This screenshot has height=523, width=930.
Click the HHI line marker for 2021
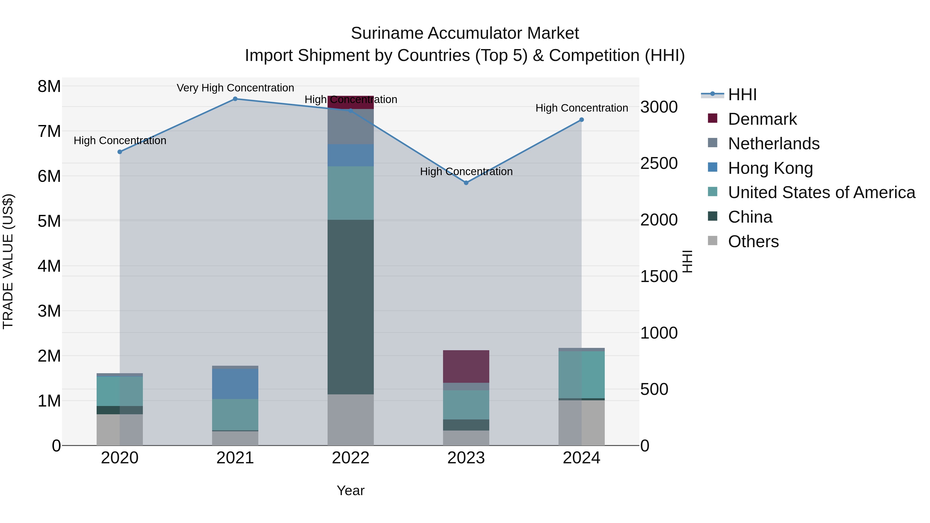pyautogui.click(x=235, y=99)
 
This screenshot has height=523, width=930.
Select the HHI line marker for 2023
pyautogui.click(x=466, y=183)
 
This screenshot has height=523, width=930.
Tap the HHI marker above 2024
pyautogui.click(x=581, y=120)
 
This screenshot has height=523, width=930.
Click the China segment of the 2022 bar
pyautogui.click(x=350, y=307)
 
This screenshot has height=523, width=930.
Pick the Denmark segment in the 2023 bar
pyautogui.click(x=466, y=366)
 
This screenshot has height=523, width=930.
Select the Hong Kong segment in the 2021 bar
pyautogui.click(x=235, y=384)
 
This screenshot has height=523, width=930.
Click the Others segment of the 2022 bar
pyautogui.click(x=350, y=420)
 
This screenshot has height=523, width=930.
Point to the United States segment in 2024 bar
pyautogui.click(x=581, y=375)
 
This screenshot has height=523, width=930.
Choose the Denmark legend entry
pyautogui.click(x=762, y=119)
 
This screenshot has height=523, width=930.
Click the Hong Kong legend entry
pyautogui.click(x=770, y=168)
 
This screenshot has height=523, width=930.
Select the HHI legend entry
pyautogui.click(x=742, y=95)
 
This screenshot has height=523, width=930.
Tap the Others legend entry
pyautogui.click(x=753, y=241)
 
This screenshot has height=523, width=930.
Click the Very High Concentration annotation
pyautogui.click(x=235, y=88)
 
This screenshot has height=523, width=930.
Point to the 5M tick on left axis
pyautogui.click(x=49, y=221)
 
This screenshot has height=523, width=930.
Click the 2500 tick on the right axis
pyautogui.click(x=659, y=163)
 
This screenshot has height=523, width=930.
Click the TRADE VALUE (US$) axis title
pyautogui.click(x=8, y=261)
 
